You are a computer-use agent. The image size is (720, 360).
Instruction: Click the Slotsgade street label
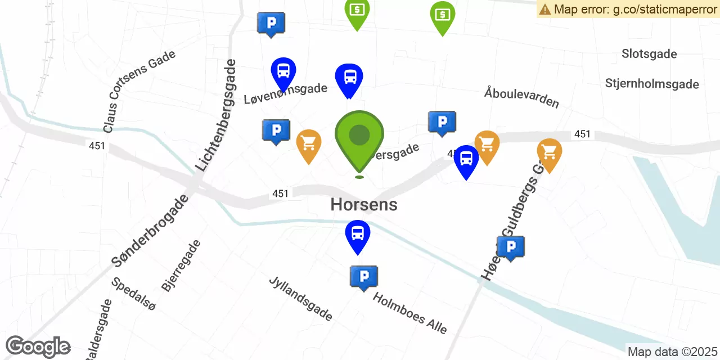[649, 54]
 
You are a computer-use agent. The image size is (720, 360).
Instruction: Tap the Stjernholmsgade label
[652, 84]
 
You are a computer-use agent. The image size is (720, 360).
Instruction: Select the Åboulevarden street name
[521, 97]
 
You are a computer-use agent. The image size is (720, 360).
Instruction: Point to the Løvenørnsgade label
[286, 93]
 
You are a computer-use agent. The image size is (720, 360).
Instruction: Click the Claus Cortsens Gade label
[139, 91]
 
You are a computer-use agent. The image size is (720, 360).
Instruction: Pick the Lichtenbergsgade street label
[216, 115]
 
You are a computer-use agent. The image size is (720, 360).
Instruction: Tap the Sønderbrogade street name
[149, 231]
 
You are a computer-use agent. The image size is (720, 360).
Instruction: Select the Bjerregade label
[181, 265]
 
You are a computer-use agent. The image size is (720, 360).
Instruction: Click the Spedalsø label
[133, 294]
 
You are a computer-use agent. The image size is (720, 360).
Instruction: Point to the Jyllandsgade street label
[300, 298]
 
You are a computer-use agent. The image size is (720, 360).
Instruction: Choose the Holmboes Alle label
[409, 313]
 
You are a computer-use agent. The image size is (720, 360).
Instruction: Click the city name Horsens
[364, 204]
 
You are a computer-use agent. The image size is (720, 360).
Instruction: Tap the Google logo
[38, 347]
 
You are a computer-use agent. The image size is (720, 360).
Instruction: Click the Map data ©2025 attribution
[672, 352]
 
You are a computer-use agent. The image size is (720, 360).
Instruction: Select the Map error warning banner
[628, 9]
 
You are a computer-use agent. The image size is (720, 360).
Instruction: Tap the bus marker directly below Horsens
[358, 233]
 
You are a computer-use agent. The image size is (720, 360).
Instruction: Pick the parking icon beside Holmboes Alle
[364, 277]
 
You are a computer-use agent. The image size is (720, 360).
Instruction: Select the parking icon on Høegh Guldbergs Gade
[510, 247]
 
